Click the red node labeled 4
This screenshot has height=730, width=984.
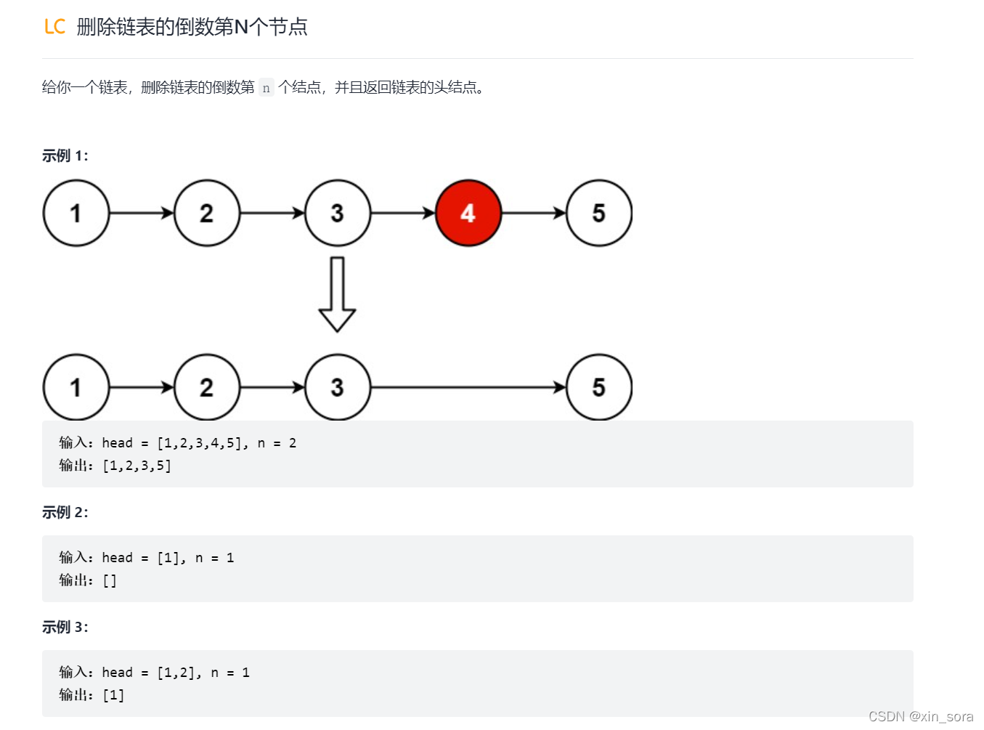pyautogui.click(x=468, y=213)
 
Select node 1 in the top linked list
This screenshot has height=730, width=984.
pyautogui.click(x=76, y=213)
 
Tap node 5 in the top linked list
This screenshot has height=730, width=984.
pyautogui.click(x=598, y=213)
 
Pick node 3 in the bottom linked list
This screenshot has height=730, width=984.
pyautogui.click(x=338, y=387)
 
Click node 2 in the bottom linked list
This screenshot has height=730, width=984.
pyautogui.click(x=207, y=387)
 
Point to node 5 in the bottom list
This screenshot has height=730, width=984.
pyautogui.click(x=598, y=387)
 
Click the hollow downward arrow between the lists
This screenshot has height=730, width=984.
pyautogui.click(x=337, y=294)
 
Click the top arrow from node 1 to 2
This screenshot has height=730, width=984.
pyautogui.click(x=142, y=213)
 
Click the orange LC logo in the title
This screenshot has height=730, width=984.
pyautogui.click(x=54, y=27)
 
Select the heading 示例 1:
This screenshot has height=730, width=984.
pyautogui.click(x=65, y=155)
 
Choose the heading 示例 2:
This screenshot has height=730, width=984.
pyautogui.click(x=65, y=512)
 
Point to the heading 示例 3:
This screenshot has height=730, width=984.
pyautogui.click(x=65, y=627)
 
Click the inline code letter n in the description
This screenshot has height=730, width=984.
pyautogui.click(x=267, y=88)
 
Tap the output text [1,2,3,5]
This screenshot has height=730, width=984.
pyautogui.click(x=137, y=466)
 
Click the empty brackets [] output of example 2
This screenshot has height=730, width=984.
pyautogui.click(x=110, y=580)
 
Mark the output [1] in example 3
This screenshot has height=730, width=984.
pyautogui.click(x=113, y=695)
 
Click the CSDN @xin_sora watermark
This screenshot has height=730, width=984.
pyautogui.click(x=920, y=716)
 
